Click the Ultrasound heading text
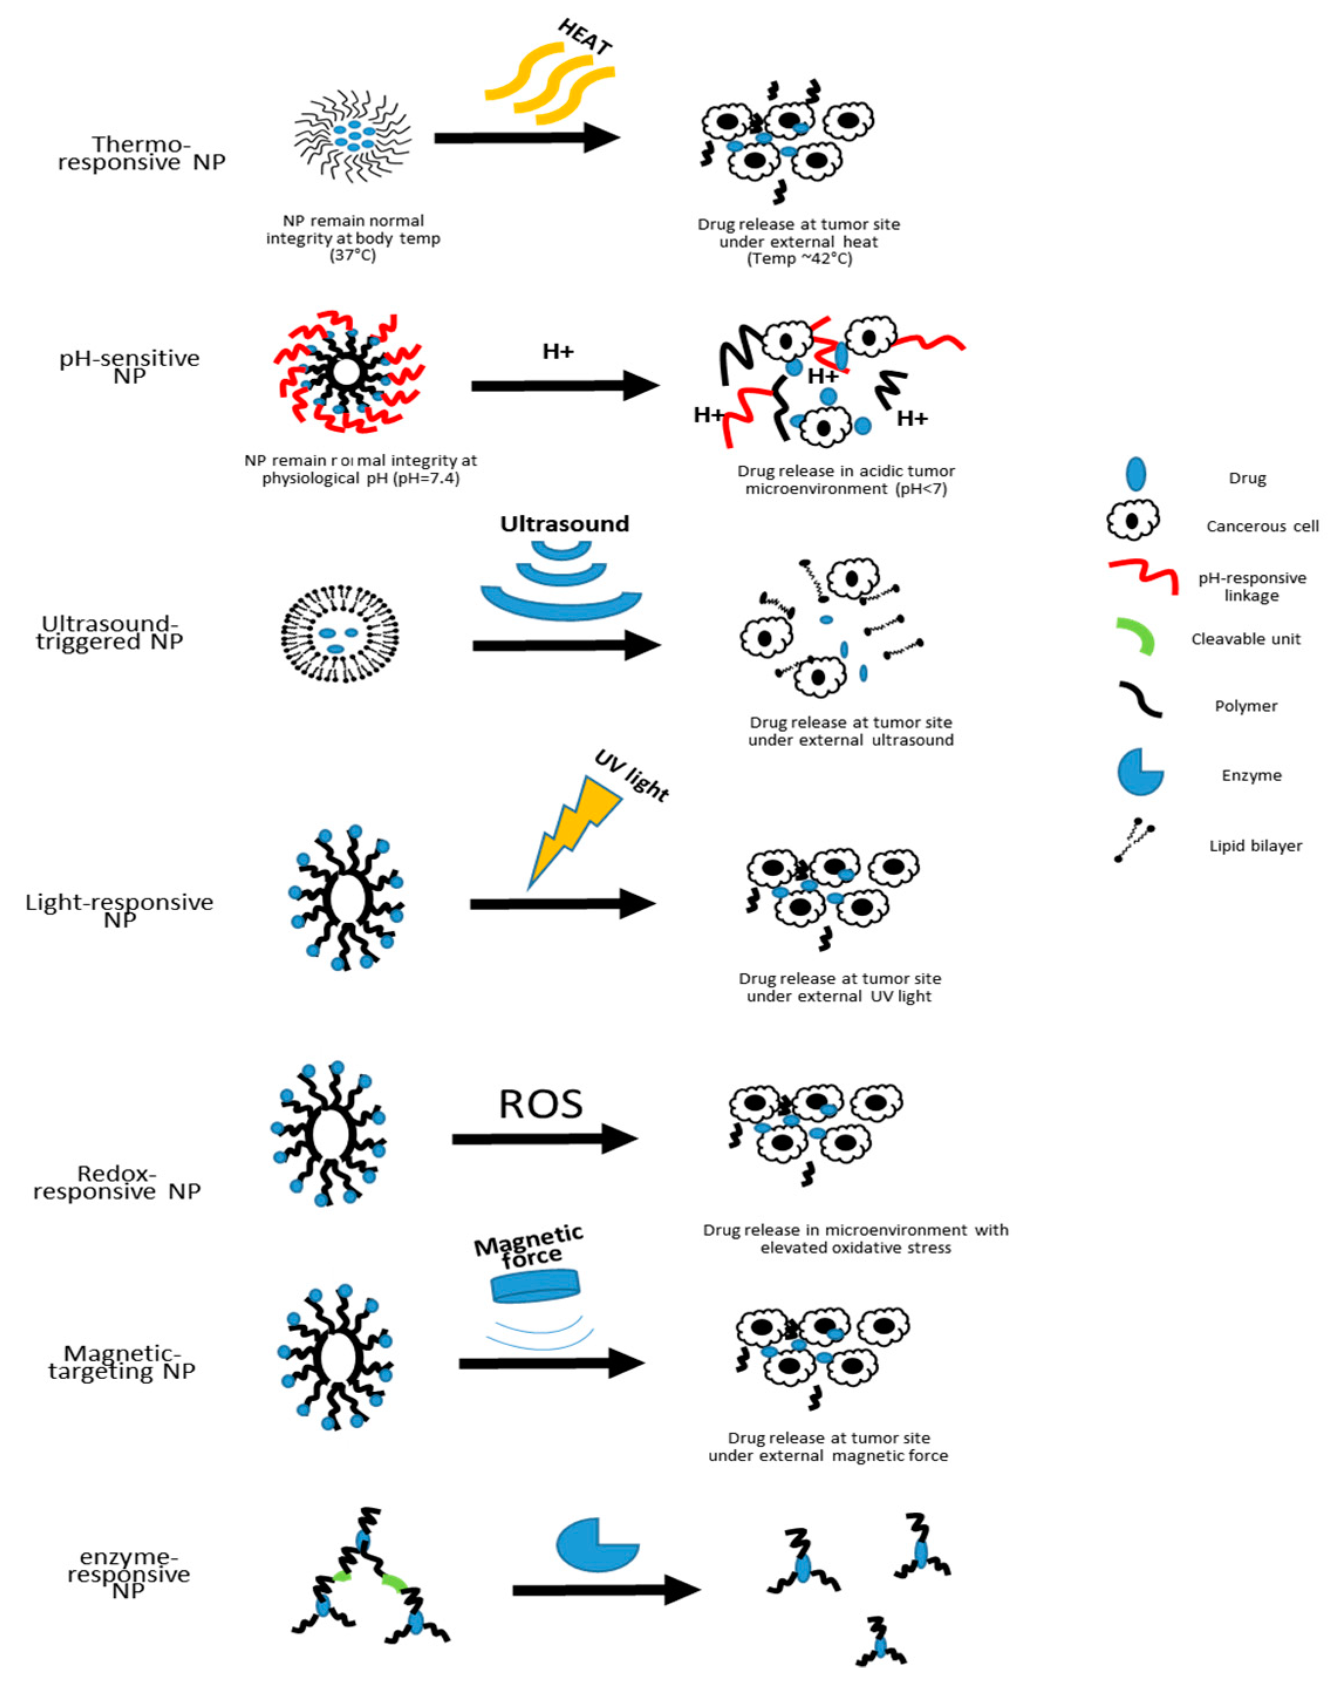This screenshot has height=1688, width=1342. pyautogui.click(x=564, y=524)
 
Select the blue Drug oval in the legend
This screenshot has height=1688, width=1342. pyautogui.click(x=1135, y=474)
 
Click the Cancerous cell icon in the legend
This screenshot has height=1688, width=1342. pyautogui.click(x=1132, y=520)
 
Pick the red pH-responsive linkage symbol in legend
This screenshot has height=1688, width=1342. pyautogui.click(x=1144, y=576)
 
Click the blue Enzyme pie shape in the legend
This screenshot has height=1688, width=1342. pyautogui.click(x=1139, y=772)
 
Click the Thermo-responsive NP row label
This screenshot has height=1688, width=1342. pyautogui.click(x=142, y=154)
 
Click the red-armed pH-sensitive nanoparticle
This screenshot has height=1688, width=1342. pyautogui.click(x=347, y=373)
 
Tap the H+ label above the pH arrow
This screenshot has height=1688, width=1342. pyautogui.click(x=558, y=352)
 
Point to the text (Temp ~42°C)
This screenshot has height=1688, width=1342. pyautogui.click(x=799, y=259)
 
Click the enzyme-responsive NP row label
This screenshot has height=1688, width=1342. pyautogui.click(x=129, y=1574)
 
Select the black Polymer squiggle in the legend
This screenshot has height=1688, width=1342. pyautogui.click(x=1140, y=699)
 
